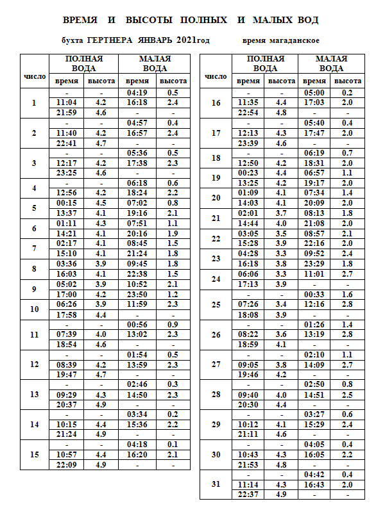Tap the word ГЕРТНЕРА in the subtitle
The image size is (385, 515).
(x=110, y=41)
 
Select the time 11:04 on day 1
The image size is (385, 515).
(x=67, y=102)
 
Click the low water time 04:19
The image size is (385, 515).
(x=137, y=93)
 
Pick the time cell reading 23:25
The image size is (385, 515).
(x=67, y=173)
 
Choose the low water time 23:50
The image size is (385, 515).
(x=137, y=295)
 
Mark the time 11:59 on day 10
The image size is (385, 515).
(x=137, y=304)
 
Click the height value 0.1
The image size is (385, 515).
(x=173, y=444)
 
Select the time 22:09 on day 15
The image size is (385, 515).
(x=67, y=463)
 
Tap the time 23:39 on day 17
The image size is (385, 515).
(x=248, y=143)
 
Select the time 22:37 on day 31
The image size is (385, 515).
(x=248, y=494)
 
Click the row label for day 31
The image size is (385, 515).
(x=216, y=484)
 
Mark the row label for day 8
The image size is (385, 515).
(x=34, y=268)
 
